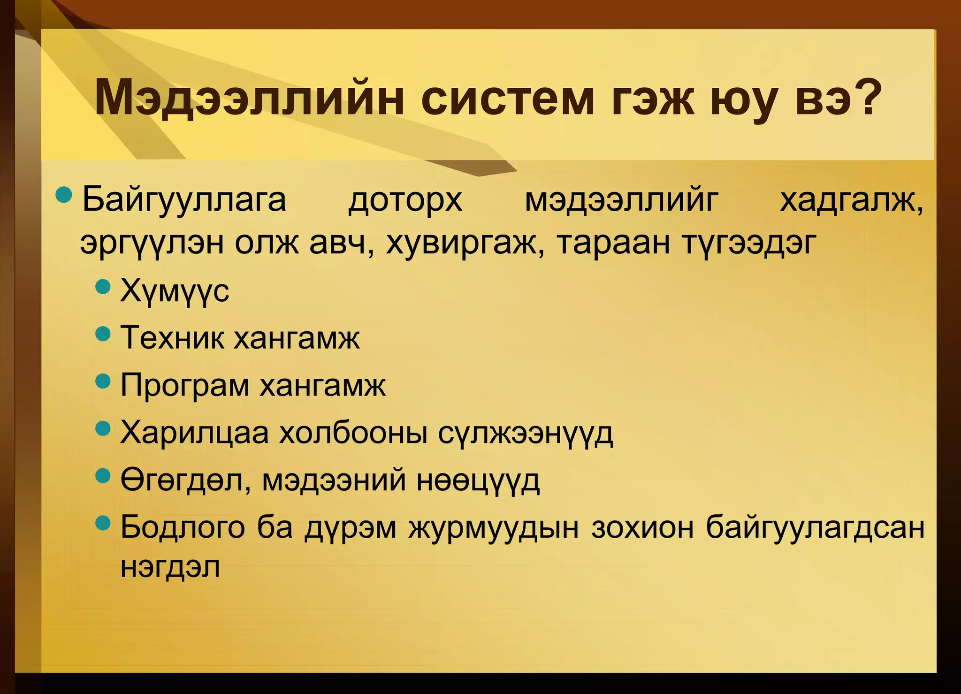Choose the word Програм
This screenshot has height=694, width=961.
tap(185, 386)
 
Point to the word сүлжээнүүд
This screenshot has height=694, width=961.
tap(526, 434)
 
